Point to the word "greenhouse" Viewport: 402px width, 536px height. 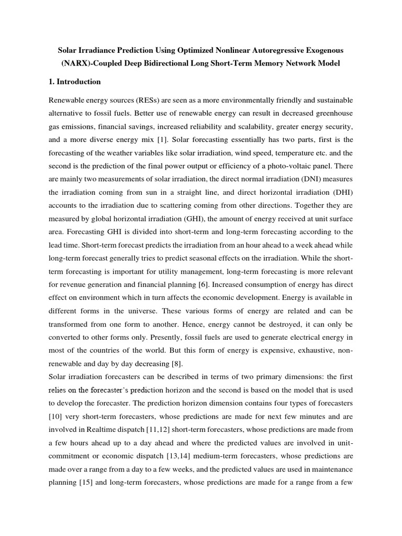(331, 113)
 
